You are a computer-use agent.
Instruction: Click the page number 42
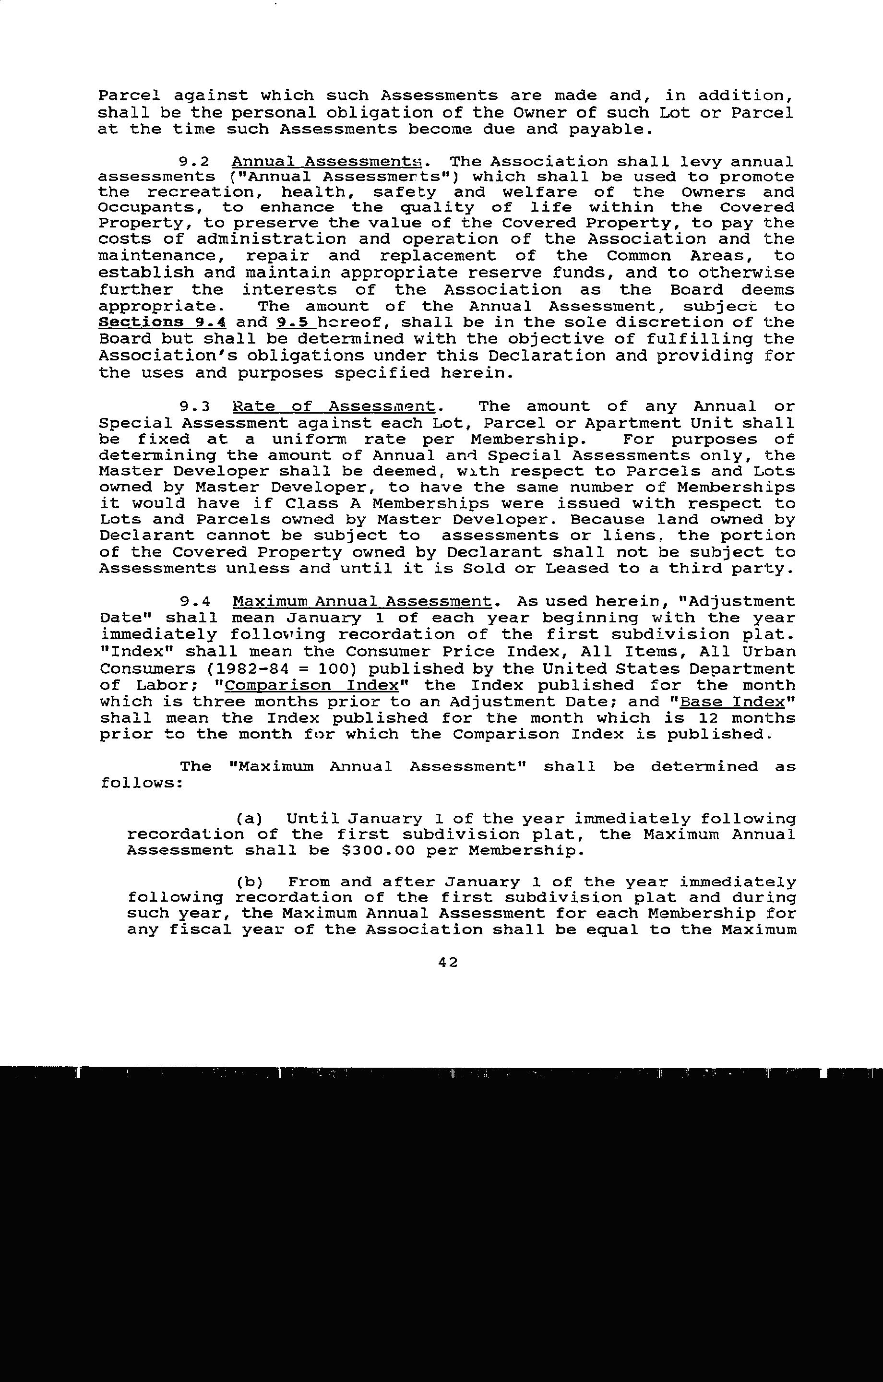(x=447, y=963)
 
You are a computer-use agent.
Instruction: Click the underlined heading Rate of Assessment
(x=334, y=407)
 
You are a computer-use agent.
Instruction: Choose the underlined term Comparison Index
(x=312, y=685)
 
